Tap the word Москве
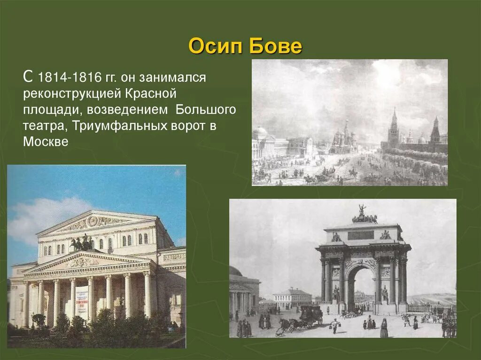click(x=46, y=142)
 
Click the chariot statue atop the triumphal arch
click(x=364, y=216)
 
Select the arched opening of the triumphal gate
click(x=360, y=286)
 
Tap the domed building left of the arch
click(x=242, y=289)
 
